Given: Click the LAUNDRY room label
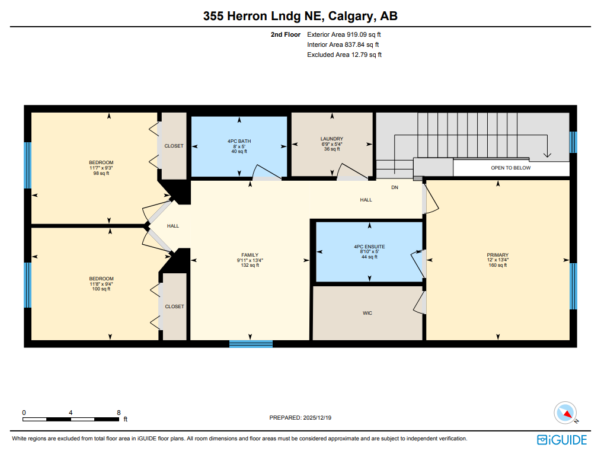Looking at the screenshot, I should coord(332,139).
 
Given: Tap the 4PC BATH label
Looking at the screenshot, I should coord(239,141).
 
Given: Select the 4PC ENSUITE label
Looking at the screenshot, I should coord(369,247).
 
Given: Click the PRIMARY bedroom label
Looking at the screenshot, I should coord(497,255).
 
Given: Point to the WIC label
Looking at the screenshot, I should coord(367,313).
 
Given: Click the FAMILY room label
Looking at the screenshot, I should coord(250,255).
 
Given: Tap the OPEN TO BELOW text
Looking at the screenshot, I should coord(511,168).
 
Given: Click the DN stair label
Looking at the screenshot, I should coord(395,187).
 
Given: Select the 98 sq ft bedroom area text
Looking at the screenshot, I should coord(101,173).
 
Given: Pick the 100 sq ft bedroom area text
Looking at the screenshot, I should coord(101,289).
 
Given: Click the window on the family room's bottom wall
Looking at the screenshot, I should coord(251,344).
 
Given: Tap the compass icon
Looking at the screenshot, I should coord(565,413).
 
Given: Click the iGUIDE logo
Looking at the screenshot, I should coord(562,440).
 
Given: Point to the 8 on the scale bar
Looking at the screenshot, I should coord(119,413).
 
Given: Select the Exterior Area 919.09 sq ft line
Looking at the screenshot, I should coord(344,34).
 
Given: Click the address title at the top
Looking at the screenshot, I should coord(300,16).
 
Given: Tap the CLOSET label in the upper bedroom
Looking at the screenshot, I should coord(174,146).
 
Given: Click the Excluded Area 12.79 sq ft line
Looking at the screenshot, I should coord(344,55).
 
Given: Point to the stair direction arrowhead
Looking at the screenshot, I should coord(547,155).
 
